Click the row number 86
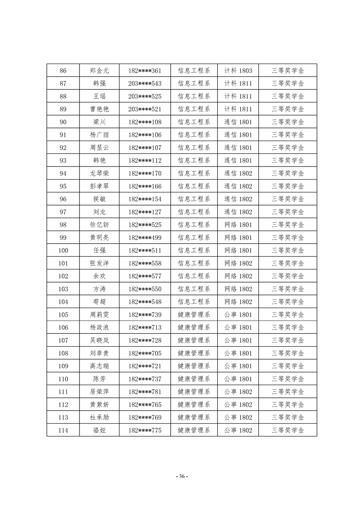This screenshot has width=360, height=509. pyautogui.click(x=63, y=71)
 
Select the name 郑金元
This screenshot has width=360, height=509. pyautogui.click(x=99, y=71)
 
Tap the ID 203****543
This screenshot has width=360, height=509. pyautogui.click(x=145, y=83)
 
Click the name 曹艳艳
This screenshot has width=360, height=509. pyautogui.click(x=99, y=109)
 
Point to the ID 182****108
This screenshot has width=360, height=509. pyautogui.click(x=145, y=122)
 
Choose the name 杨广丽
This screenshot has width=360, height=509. pyautogui.click(x=99, y=135)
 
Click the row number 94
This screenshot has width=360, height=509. pyautogui.click(x=63, y=173)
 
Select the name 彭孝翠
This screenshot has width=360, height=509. pyautogui.click(x=99, y=186)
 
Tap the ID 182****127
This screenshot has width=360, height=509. pyautogui.click(x=145, y=212)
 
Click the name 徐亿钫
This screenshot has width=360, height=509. pyautogui.click(x=99, y=225)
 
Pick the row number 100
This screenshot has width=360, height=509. pyautogui.click(x=63, y=250)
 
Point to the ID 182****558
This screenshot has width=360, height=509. pyautogui.click(x=145, y=263)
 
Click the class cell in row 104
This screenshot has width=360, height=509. pyautogui.click(x=238, y=302)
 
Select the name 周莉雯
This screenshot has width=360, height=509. pyautogui.click(x=99, y=314)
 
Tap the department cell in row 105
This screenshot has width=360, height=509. pyautogui.click(x=194, y=314)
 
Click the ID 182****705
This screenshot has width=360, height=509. pyautogui.click(x=145, y=353)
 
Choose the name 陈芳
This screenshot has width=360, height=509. pyautogui.click(x=99, y=379)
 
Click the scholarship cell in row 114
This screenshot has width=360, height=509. pyautogui.click(x=287, y=430)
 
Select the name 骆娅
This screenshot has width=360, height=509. pyautogui.click(x=99, y=430)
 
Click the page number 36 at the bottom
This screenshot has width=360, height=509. pyautogui.click(x=181, y=476)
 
